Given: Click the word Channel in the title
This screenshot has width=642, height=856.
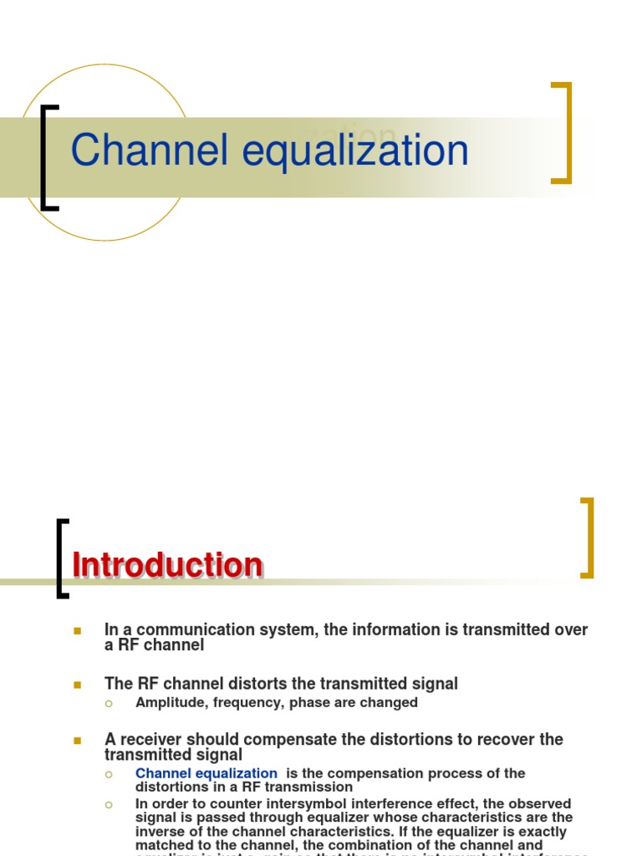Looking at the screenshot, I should click(x=149, y=151).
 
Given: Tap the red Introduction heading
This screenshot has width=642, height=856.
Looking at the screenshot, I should click(x=167, y=566).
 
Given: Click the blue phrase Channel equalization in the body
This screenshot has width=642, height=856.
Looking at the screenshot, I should click(x=206, y=773).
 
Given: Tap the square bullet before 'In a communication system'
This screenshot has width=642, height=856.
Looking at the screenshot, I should click(x=77, y=630).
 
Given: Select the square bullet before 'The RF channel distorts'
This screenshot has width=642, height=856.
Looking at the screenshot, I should click(x=77, y=685).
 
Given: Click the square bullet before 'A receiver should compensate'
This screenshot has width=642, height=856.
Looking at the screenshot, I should click(x=77, y=740).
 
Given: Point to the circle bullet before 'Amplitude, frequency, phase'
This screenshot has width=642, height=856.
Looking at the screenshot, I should click(x=108, y=703).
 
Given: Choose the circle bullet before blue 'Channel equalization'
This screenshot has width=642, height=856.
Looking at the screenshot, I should click(x=108, y=774).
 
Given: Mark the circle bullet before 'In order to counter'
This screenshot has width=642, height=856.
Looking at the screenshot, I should click(x=108, y=804).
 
